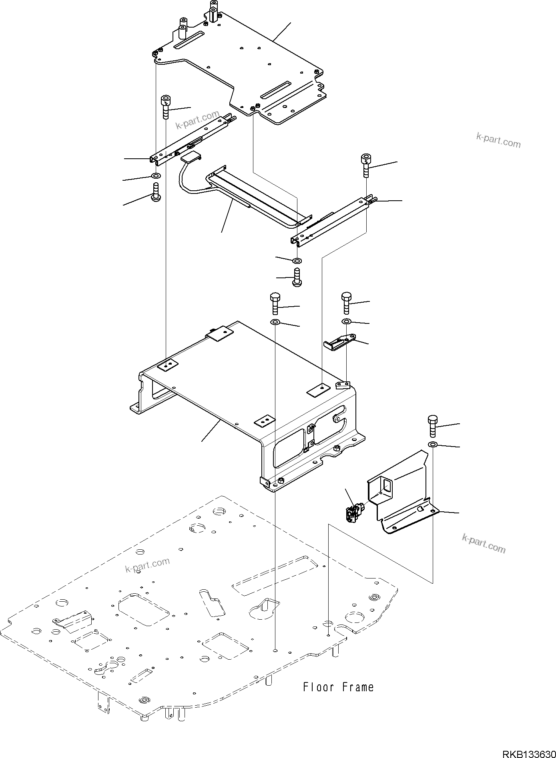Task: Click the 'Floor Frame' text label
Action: pyautogui.click(x=338, y=687)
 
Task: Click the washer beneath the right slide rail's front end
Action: pyautogui.click(x=297, y=261)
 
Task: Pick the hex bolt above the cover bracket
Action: pyautogui.click(x=433, y=426)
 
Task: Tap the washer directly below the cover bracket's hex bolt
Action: pyautogui.click(x=433, y=445)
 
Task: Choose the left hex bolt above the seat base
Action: pyautogui.click(x=275, y=303)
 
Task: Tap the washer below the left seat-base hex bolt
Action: pyautogui.click(x=275, y=322)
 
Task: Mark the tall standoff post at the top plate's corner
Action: pyautogui.click(x=213, y=12)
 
